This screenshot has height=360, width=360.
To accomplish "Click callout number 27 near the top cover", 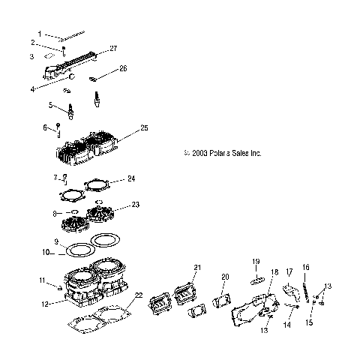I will (114, 49).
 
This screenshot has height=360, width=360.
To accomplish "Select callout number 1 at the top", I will (40, 34).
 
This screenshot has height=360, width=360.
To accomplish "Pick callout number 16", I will (306, 266).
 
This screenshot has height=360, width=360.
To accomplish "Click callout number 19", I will (256, 261).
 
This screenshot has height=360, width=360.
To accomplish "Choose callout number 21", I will (198, 268).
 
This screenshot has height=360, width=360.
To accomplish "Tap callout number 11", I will (42, 280).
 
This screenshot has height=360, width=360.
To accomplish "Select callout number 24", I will (130, 179).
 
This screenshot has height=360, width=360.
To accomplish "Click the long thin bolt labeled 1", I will (75, 35).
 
